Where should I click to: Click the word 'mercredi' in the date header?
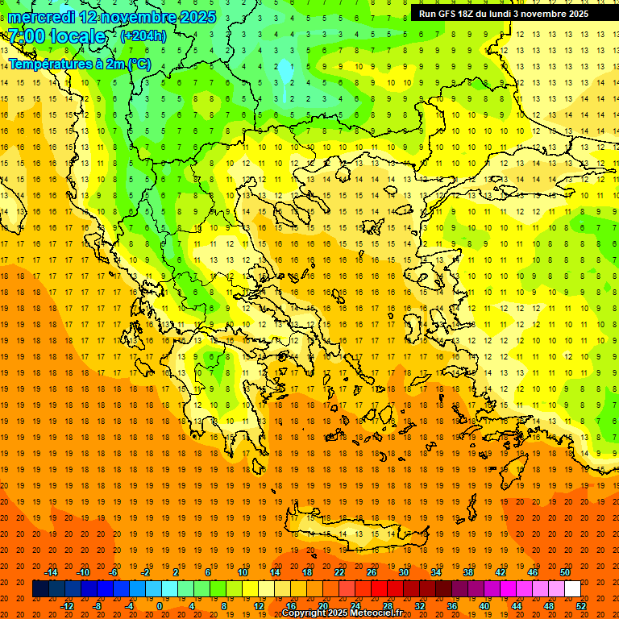coord(41,17)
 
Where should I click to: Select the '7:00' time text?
coord(26,36)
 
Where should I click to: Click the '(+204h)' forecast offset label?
coord(143,36)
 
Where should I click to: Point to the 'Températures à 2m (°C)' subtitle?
coord(79,64)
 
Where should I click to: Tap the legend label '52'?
coord(582,606)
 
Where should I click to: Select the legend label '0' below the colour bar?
coord(159,606)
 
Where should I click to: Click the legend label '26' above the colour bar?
coord(372,572)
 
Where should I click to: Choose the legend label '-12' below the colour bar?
coord(67,606)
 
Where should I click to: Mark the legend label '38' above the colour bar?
coord(468,572)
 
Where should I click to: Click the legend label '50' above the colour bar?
coord(565,572)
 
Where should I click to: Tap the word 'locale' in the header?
coord(77,36)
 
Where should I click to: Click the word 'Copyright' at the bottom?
coord(304,613)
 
